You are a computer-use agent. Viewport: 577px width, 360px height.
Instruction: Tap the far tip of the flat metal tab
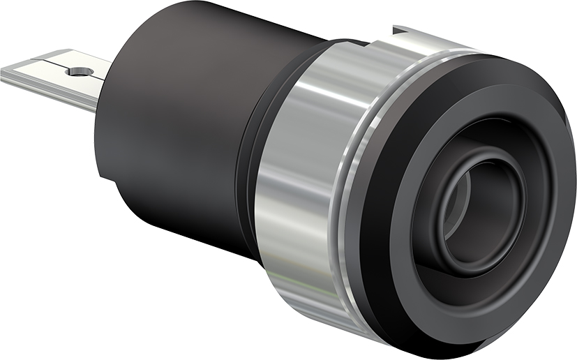coord(6,73)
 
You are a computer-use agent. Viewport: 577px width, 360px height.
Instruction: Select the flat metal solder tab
coord(56,77)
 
